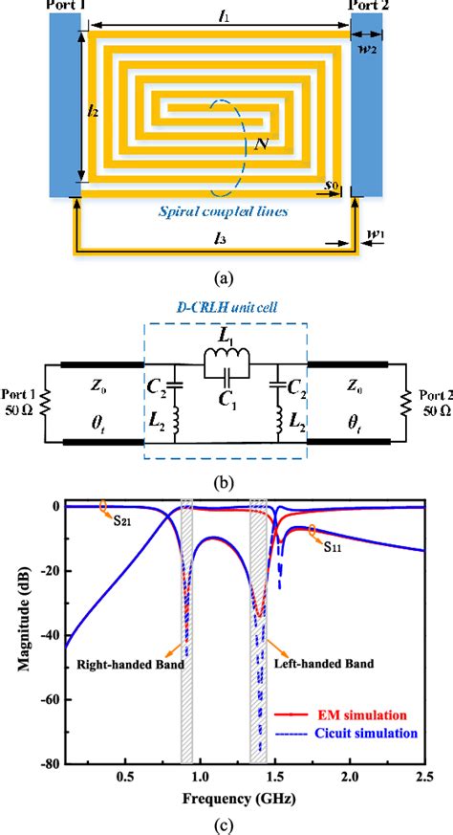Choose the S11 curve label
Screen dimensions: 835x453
[332, 546]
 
